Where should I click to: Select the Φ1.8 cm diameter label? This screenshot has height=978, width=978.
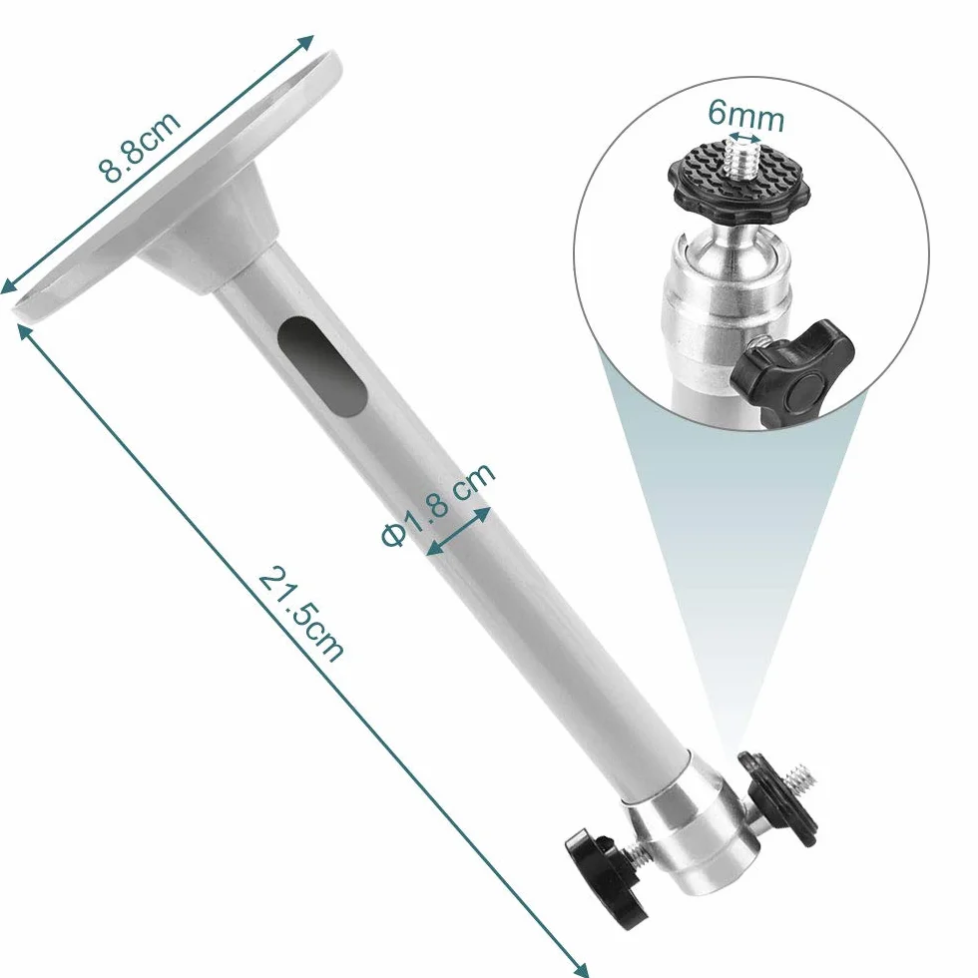(438, 504)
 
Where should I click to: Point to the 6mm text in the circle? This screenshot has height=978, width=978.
(745, 116)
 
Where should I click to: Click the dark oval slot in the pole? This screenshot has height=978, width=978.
(321, 366)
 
